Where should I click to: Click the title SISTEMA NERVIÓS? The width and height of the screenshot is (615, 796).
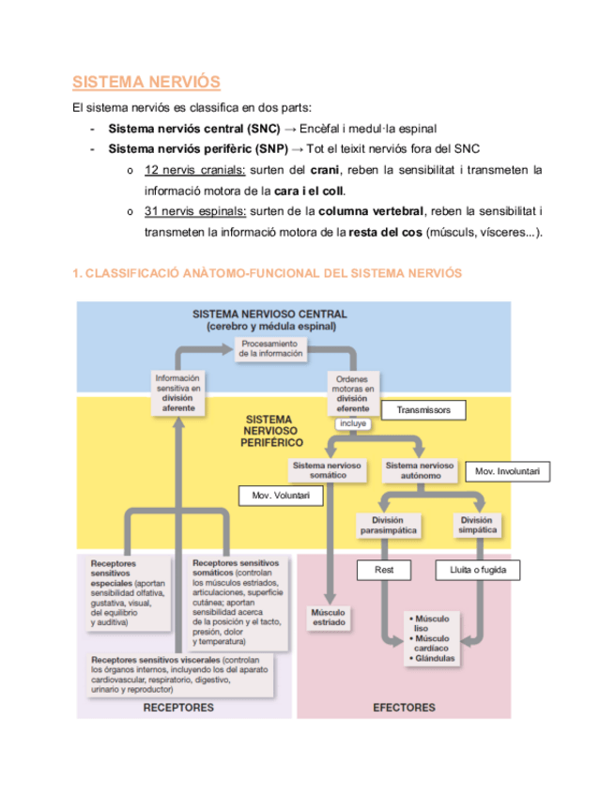[146, 82]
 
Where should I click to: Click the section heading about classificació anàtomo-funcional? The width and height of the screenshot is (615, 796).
[268, 272]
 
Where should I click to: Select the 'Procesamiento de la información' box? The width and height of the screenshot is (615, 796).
[270, 349]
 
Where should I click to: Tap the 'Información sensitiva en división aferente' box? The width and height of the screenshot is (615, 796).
[178, 392]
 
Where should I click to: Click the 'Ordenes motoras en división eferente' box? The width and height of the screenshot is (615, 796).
[353, 393]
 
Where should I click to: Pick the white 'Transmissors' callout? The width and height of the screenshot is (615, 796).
[423, 410]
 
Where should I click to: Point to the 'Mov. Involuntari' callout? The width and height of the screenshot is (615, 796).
[507, 471]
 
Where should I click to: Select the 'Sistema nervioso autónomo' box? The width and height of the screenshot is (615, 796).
[420, 470]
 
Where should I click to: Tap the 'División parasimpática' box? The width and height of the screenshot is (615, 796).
[388, 526]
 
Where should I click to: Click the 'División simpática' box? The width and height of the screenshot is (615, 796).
[477, 526]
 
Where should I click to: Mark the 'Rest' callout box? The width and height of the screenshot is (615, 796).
[384, 570]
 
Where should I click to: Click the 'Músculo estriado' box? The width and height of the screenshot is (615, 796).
[328, 617]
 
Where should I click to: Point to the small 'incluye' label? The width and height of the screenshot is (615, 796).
[353, 423]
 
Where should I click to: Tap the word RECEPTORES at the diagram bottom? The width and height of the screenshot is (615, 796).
[178, 707]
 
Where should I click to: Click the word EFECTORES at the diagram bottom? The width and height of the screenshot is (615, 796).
[404, 707]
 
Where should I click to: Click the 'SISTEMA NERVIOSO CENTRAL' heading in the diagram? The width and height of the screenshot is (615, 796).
[269, 314]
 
